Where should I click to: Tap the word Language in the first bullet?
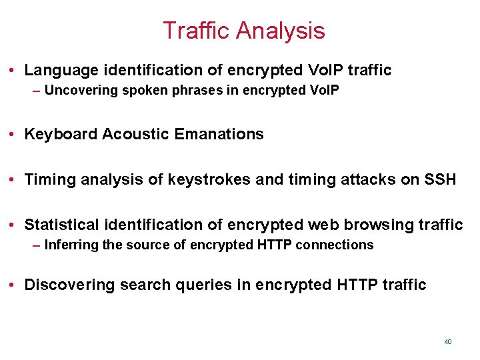[59, 70]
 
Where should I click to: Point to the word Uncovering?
[81, 90]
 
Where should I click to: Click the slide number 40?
[447, 341]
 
